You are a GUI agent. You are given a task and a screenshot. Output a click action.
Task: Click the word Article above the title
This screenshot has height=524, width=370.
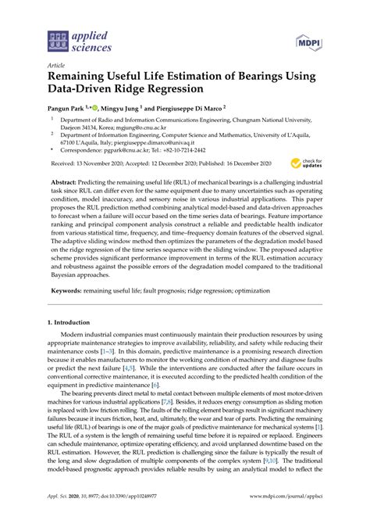(x=57, y=66)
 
